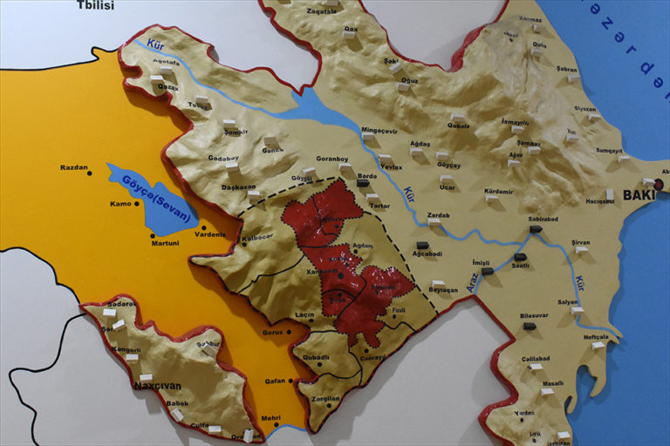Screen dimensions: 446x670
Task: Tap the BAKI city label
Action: [x=638, y=195]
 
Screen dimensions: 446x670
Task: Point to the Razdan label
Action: [x=73, y=167]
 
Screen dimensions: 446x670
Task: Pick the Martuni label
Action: [x=164, y=242]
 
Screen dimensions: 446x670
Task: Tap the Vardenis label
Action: [x=209, y=234]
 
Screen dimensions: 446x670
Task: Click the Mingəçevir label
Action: [x=379, y=132]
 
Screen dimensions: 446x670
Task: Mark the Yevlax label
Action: [x=392, y=166]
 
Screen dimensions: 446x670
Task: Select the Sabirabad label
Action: [x=542, y=220]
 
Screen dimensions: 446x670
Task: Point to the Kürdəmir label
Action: [x=499, y=190]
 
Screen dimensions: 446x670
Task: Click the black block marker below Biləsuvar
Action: [x=530, y=327]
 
